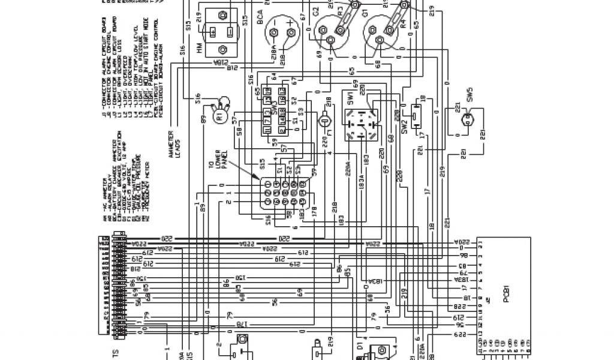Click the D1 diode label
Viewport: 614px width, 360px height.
[360, 347]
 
